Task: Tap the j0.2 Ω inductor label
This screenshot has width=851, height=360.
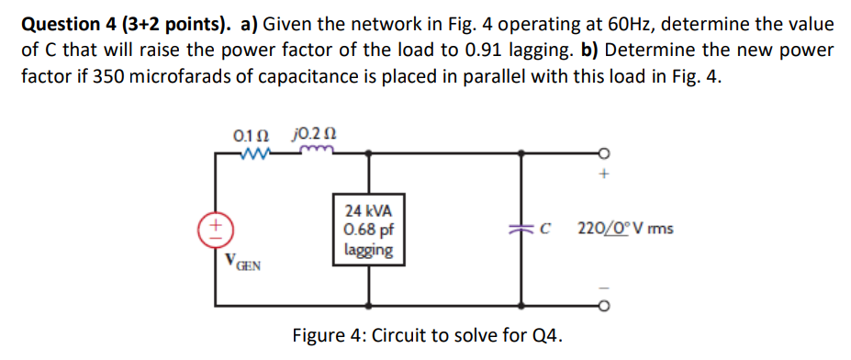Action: [313, 135]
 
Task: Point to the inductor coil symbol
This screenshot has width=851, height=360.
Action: [322, 153]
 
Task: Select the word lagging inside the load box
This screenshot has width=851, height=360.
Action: [368, 249]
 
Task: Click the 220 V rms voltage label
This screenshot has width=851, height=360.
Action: [625, 228]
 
